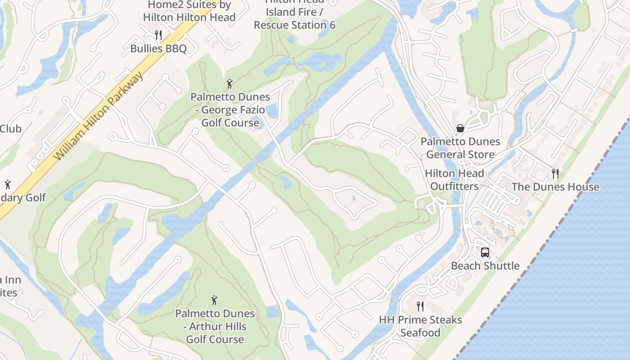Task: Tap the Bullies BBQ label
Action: pyautogui.click(x=158, y=49)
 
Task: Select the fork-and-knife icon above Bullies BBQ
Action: pyautogui.click(x=158, y=35)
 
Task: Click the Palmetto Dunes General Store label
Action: pyautogui.click(x=460, y=148)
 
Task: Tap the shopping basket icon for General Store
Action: pyautogui.click(x=460, y=129)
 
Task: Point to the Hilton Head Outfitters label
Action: pyautogui.click(x=454, y=180)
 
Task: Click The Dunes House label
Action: pyautogui.click(x=555, y=187)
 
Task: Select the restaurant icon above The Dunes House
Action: pyautogui.click(x=555, y=173)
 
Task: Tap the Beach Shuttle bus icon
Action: pyautogui.click(x=485, y=252)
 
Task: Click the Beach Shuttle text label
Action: pyautogui.click(x=485, y=266)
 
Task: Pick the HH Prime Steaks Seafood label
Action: pyautogui.click(x=420, y=326)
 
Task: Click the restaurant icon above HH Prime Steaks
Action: pyautogui.click(x=420, y=306)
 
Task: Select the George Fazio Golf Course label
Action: pyautogui.click(x=230, y=110)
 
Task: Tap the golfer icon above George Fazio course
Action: pyautogui.click(x=229, y=84)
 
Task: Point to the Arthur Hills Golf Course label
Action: pyautogui.click(x=215, y=326)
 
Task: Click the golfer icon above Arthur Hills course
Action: pyautogui.click(x=215, y=300)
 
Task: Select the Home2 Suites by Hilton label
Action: pyautogui.click(x=189, y=11)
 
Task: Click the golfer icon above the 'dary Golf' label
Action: pyautogui.click(x=8, y=184)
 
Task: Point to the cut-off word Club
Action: pyautogui.click(x=10, y=129)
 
